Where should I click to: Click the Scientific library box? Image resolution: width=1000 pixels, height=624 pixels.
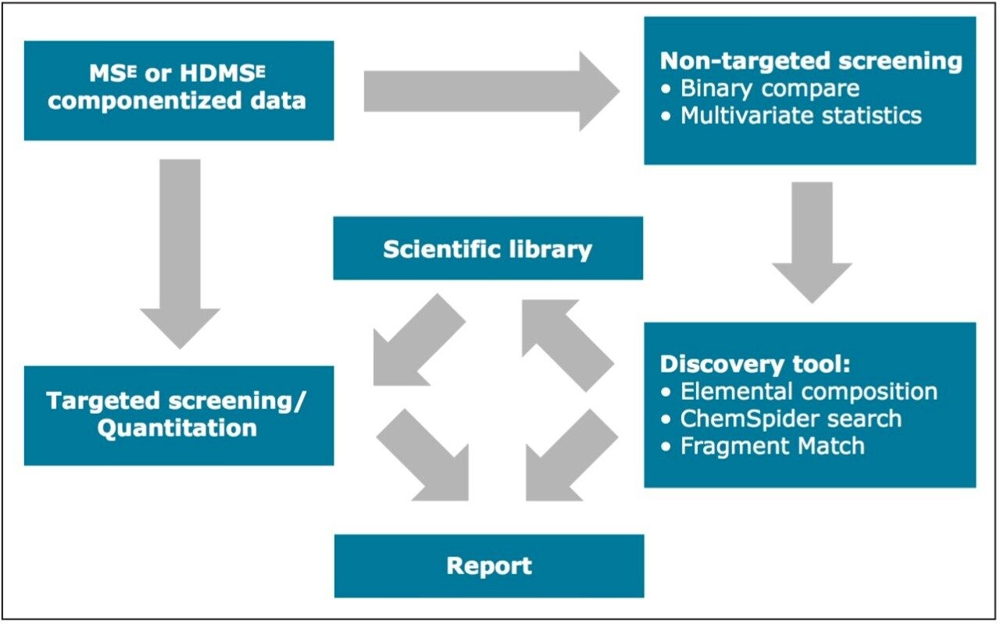tap(487, 248)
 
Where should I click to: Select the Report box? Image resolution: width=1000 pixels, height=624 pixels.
tap(488, 565)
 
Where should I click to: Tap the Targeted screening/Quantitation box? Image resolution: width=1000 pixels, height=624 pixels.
tap(178, 415)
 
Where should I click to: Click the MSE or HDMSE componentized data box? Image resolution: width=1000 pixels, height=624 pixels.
tap(178, 91)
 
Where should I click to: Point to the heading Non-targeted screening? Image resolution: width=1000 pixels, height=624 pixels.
tap(811, 62)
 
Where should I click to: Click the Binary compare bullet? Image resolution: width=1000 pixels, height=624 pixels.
tap(769, 88)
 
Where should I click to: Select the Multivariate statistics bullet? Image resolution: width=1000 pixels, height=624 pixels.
tap(800, 116)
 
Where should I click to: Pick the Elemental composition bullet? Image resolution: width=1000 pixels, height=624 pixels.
tap(808, 391)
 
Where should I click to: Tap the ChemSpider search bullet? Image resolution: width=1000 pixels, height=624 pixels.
tap(790, 419)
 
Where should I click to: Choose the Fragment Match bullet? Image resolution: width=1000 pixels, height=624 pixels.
tap(772, 446)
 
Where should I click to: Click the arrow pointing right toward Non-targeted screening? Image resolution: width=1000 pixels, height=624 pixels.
tap(491, 91)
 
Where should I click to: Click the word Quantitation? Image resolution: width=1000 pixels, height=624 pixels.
tap(177, 428)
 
